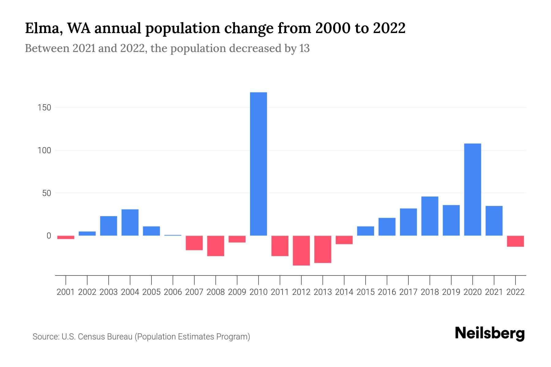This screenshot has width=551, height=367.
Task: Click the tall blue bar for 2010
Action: click(258, 164)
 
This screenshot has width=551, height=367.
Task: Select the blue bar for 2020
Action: click(472, 189)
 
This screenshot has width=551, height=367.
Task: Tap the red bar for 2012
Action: click(301, 250)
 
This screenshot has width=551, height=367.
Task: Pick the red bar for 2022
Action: click(515, 241)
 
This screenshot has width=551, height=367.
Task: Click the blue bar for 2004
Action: click(130, 222)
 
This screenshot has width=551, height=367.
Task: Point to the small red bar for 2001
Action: click(66, 237)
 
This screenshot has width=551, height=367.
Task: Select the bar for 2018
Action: click(429, 216)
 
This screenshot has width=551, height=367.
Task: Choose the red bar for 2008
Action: click(216, 246)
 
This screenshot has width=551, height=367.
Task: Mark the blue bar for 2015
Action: click(365, 231)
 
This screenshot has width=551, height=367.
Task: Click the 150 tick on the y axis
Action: click(44, 108)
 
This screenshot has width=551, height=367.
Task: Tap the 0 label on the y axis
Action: click(49, 236)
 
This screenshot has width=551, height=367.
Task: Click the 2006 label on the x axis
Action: click(173, 292)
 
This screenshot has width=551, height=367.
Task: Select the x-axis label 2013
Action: click(323, 292)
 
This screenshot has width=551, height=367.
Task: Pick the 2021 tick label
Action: click(494, 292)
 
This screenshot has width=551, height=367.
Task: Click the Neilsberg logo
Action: click(489, 333)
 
